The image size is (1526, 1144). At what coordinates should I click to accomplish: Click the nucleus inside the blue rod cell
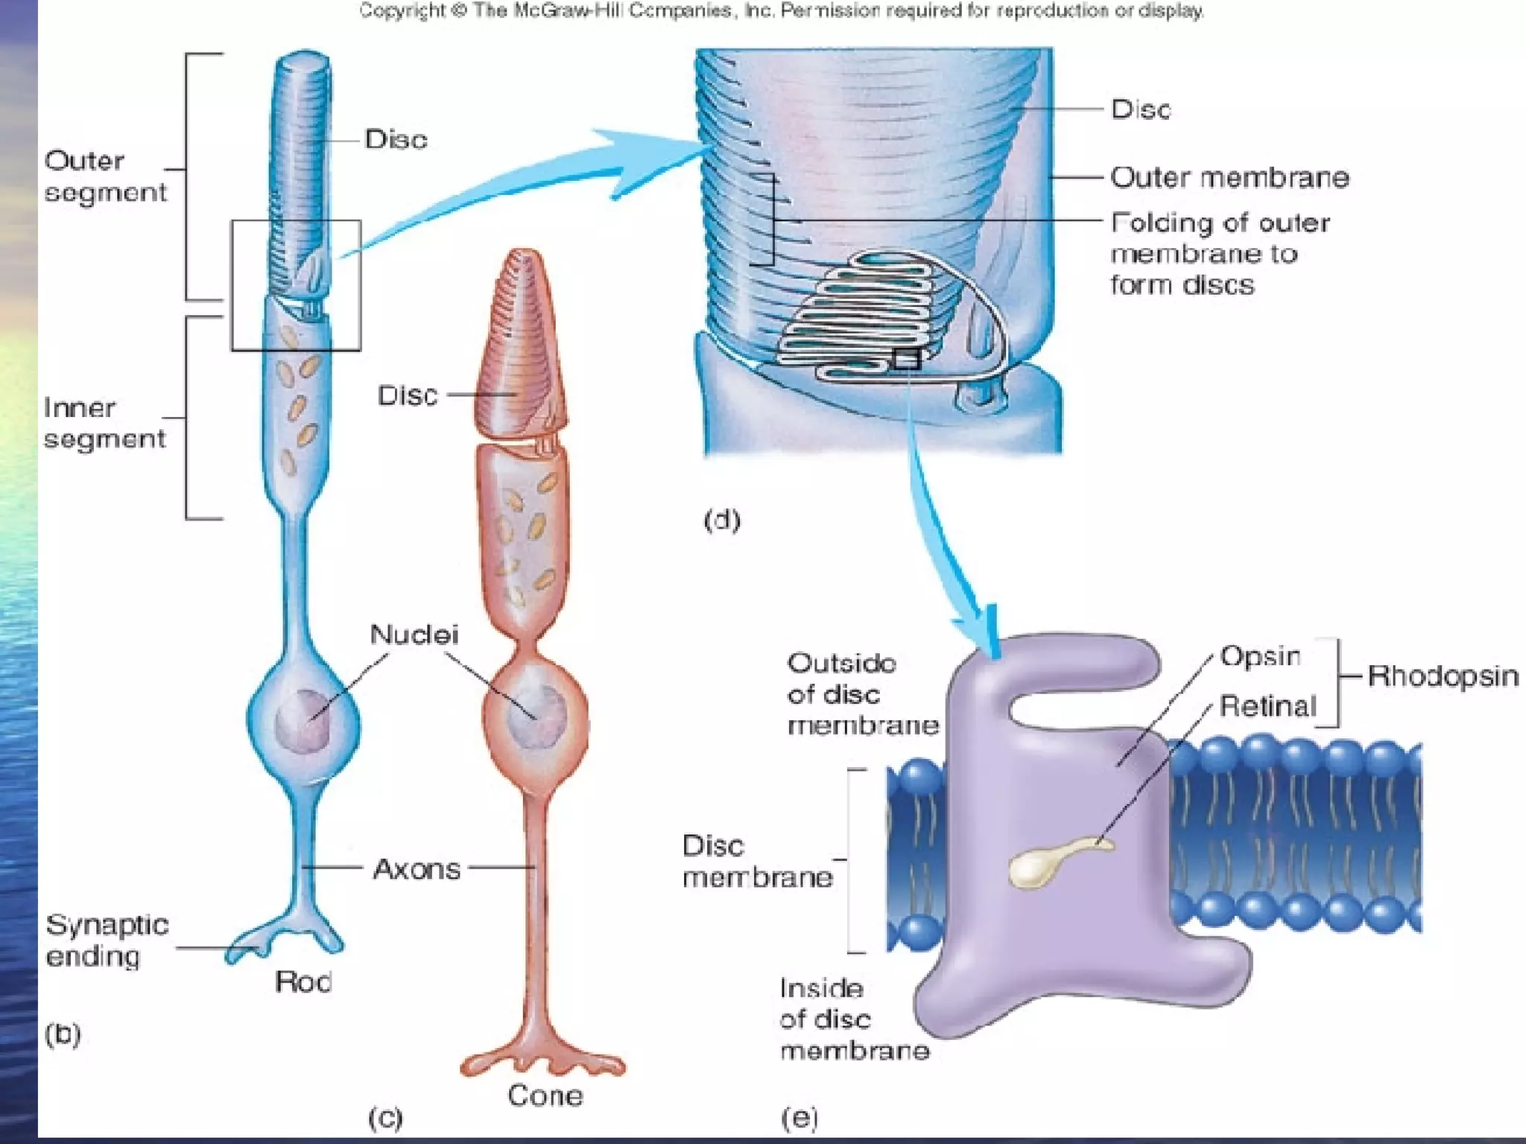tap(302, 722)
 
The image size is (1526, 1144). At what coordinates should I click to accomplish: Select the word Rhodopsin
tap(1443, 676)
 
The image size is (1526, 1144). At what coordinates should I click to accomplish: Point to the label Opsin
tap(1260, 656)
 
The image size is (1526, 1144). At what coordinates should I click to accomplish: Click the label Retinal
tap(1267, 705)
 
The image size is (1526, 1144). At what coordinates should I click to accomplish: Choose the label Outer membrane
tap(1229, 177)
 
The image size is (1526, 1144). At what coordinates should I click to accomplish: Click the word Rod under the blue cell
tap(303, 982)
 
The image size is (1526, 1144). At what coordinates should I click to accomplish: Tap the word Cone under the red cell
tap(545, 1095)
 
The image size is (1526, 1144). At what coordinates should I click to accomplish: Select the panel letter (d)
tap(721, 519)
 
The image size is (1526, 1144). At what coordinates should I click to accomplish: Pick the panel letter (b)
tap(63, 1034)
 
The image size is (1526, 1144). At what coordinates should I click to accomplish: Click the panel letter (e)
tap(799, 1117)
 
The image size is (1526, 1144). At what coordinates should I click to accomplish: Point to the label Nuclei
tap(414, 635)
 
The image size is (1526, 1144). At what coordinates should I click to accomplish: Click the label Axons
tap(417, 868)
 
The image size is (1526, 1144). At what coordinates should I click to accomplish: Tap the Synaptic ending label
tap(107, 940)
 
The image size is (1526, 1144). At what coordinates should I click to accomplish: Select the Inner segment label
tap(104, 423)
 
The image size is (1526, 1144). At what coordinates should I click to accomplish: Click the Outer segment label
tap(105, 177)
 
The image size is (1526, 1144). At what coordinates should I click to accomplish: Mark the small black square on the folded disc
tap(906, 359)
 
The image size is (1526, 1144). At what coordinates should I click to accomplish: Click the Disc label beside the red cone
tap(407, 395)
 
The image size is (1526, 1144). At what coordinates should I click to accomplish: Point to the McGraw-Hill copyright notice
tap(781, 11)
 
